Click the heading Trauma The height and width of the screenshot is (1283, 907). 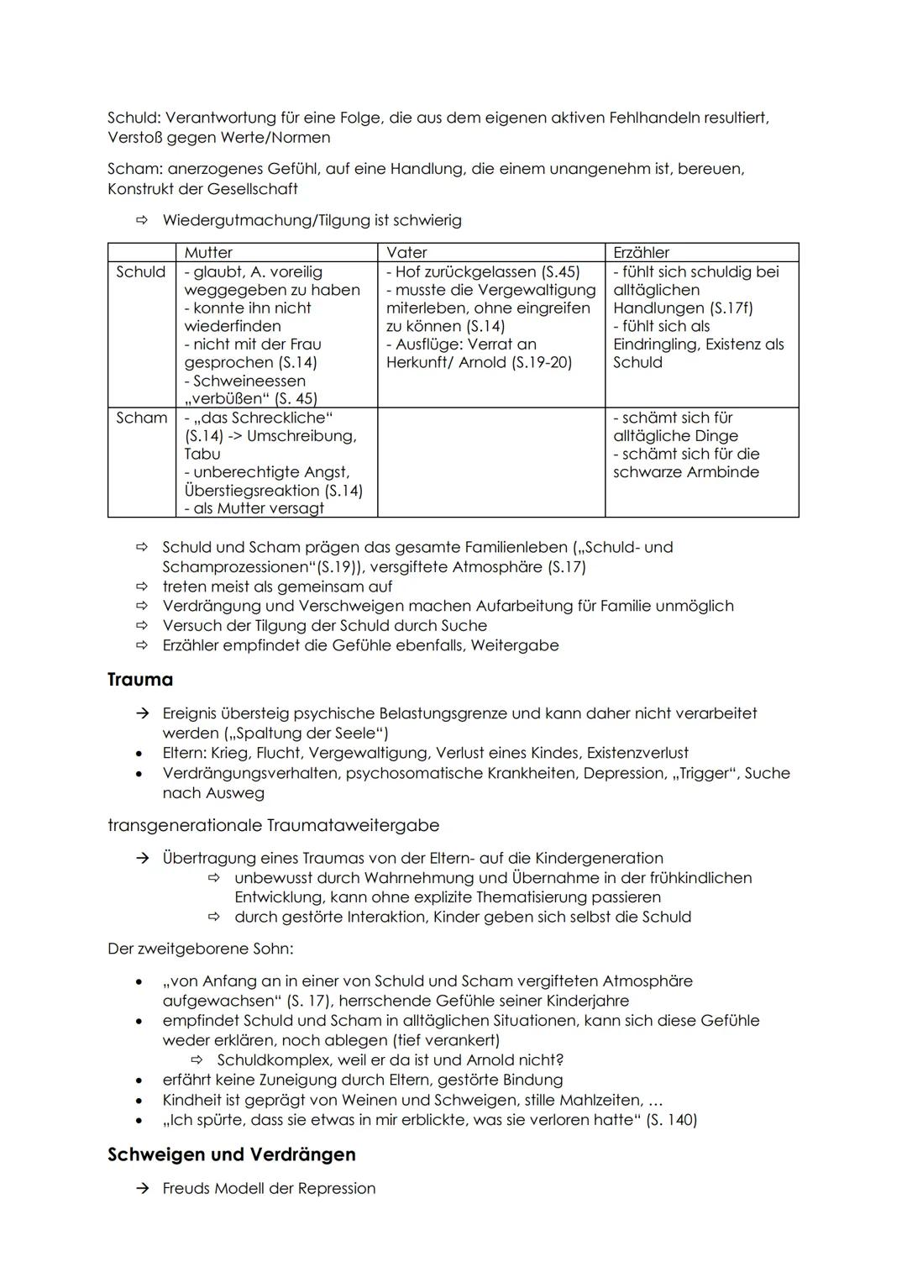[x=140, y=680]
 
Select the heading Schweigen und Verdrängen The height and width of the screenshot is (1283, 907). [x=231, y=1154]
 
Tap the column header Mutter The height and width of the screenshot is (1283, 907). [x=208, y=252]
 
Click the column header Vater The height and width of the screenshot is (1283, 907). [x=406, y=252]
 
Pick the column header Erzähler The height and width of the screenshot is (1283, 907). [x=641, y=252]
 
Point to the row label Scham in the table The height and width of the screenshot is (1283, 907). [x=140, y=418]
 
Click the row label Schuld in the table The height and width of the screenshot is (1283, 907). [x=140, y=271]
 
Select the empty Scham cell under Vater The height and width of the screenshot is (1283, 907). [x=490, y=461]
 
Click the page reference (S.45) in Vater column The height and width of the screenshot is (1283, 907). [x=560, y=271]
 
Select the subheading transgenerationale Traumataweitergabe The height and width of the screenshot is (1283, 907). [x=273, y=825]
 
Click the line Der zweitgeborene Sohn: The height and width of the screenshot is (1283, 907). [x=201, y=949]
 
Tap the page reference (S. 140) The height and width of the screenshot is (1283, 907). [x=672, y=1119]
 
